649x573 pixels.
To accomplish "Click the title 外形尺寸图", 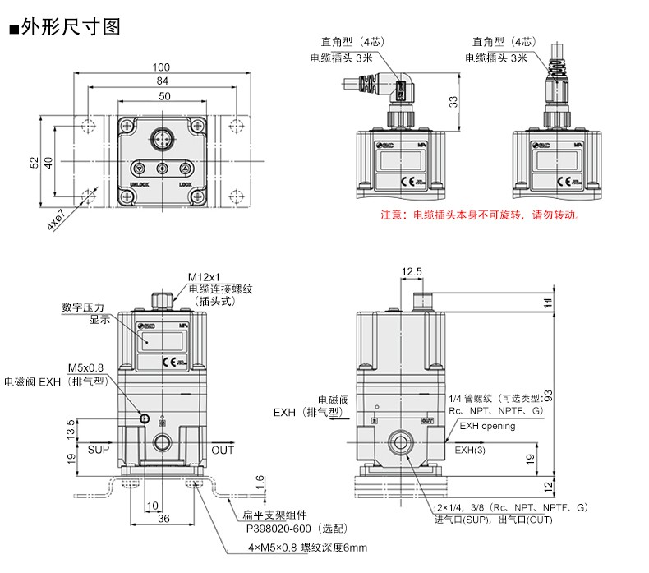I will click(x=71, y=26).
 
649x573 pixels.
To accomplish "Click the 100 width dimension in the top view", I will click(x=162, y=67).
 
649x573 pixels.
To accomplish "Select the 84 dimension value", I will click(x=162, y=81).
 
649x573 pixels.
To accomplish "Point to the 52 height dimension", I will click(x=34, y=162).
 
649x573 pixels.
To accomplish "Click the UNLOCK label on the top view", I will click(x=139, y=185).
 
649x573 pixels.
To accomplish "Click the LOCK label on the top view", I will click(x=185, y=185).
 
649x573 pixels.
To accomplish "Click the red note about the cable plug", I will click(x=481, y=216).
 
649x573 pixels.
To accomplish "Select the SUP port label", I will click(x=98, y=450).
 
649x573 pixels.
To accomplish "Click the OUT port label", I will click(x=223, y=450).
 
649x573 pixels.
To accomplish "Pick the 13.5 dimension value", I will click(x=71, y=427).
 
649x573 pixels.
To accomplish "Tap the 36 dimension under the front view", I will click(x=163, y=519).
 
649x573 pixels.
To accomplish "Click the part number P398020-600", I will click(x=283, y=530).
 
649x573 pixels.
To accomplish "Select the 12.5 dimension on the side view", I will click(x=412, y=271).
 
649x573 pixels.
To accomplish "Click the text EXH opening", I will click(x=487, y=426).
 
